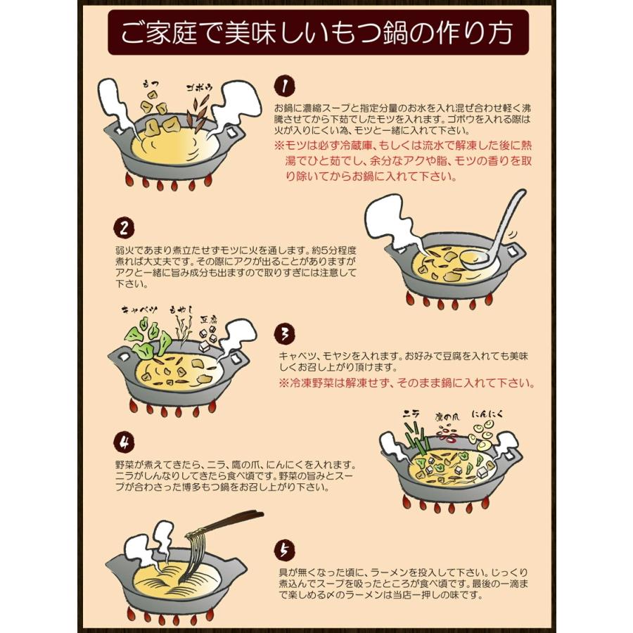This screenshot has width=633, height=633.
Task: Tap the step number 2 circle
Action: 123,229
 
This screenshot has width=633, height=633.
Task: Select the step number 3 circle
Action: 283,333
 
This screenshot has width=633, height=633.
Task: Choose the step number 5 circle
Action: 283,549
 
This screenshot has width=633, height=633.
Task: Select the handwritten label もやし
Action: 181,309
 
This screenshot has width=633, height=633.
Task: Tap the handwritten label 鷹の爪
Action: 447,416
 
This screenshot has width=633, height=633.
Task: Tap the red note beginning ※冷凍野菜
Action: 406,383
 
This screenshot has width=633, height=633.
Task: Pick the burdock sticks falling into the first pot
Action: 199,111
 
